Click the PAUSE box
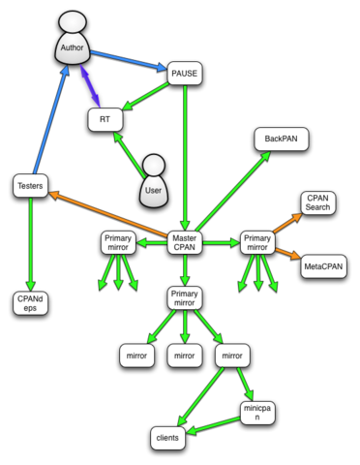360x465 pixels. click(183, 73)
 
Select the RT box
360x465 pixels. click(104, 119)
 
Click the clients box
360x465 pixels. click(168, 438)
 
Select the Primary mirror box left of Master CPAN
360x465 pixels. click(117, 242)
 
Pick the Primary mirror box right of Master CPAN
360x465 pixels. click(257, 242)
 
